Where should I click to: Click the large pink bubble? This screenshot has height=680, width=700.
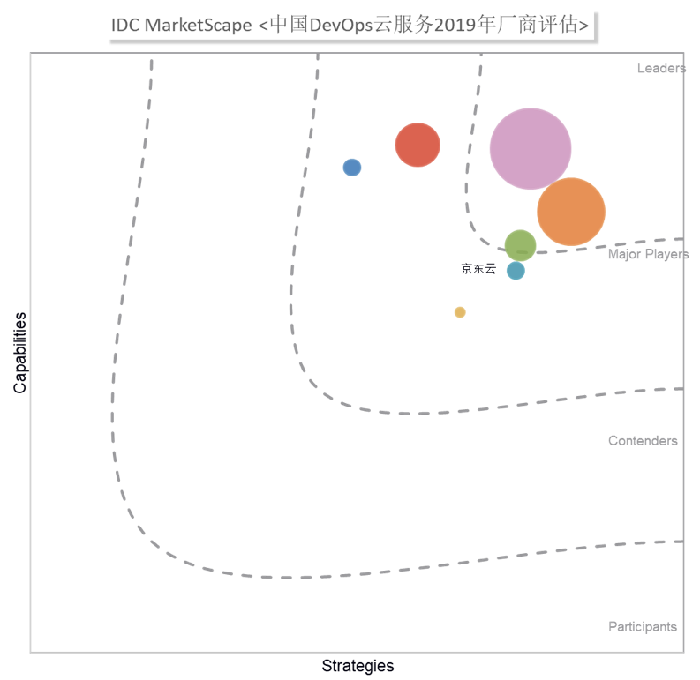click(531, 149)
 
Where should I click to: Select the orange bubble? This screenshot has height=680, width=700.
click(571, 212)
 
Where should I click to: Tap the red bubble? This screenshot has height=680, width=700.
click(418, 145)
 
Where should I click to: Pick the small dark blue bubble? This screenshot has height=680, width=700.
click(352, 167)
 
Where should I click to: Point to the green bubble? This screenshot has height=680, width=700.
click(520, 245)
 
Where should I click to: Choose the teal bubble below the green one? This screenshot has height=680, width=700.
click(516, 271)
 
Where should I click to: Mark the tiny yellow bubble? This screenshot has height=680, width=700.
click(460, 312)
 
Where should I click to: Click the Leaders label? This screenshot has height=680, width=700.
click(660, 69)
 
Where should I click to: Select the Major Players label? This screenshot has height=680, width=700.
click(648, 255)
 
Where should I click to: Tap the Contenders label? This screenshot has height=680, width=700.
click(643, 440)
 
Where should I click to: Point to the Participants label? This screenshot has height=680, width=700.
click(643, 626)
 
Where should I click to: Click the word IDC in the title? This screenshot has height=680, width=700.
click(125, 26)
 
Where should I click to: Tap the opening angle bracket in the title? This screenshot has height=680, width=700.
click(262, 26)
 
